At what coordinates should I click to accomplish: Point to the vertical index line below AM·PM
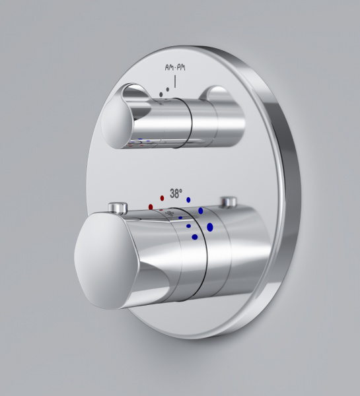[x=175, y=82]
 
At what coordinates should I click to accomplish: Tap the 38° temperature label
[x=176, y=194]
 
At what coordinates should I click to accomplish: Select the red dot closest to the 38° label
[x=162, y=197]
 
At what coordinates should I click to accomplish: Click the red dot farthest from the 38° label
[x=151, y=207]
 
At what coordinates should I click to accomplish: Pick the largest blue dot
[x=210, y=227]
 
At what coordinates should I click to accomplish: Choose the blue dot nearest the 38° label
[x=188, y=199]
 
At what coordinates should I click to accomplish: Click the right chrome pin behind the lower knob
[x=229, y=202]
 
